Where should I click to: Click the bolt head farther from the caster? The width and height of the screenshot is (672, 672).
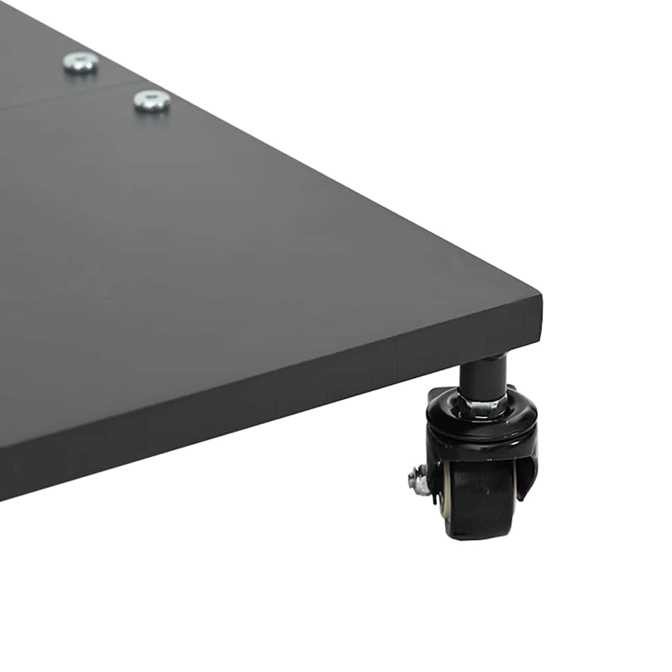click(81, 63)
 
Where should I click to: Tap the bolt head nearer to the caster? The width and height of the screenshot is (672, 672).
click(152, 101)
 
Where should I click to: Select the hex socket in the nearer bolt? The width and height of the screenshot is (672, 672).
click(152, 100)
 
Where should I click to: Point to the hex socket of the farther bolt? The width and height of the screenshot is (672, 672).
click(81, 62)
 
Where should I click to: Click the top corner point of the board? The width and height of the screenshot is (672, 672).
click(540, 296)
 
